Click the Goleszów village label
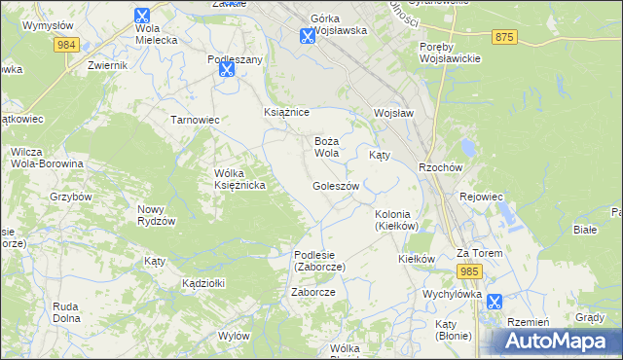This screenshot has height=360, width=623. pos(337,186)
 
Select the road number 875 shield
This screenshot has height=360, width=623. pos(503,36)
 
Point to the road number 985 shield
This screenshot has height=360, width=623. pos(470,270)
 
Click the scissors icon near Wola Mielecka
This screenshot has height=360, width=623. pos(142,17)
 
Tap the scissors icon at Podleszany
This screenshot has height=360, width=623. pos(227,69)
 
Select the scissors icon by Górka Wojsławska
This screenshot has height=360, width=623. pos(307,36)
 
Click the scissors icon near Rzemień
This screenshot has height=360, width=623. pos(495,302)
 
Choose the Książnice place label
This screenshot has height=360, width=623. pos(286,113)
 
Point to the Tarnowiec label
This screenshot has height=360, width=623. pos(195,120)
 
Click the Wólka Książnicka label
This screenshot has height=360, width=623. pos(239,180)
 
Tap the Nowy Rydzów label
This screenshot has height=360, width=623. pos(156,215)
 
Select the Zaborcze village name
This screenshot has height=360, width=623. pos(313,292)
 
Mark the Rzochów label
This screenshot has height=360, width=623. pos(438,166)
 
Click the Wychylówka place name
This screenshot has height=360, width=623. pos(452,293)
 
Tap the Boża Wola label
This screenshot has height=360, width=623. pos(326,147)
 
